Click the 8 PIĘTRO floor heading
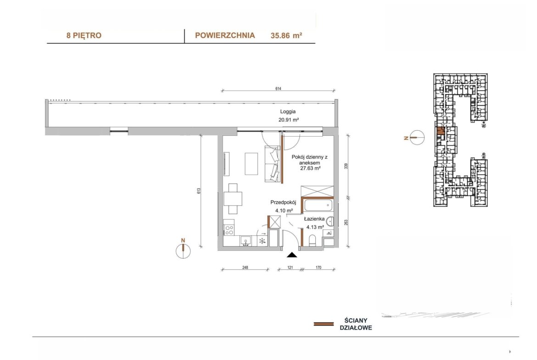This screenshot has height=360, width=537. (x=84, y=36)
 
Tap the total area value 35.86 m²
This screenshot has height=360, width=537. (x=286, y=35)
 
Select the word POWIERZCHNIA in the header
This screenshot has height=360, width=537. (x=225, y=35)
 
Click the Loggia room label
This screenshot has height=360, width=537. (x=288, y=111)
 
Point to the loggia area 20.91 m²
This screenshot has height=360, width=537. (x=289, y=120)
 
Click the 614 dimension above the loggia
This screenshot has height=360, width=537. (x=278, y=89)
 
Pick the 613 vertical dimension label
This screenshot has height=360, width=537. (x=199, y=191)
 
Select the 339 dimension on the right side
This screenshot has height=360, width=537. (x=346, y=166)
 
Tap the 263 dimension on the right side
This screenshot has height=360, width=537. (x=346, y=222)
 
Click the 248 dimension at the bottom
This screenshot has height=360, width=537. (x=245, y=268)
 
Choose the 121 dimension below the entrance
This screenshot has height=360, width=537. (x=290, y=268)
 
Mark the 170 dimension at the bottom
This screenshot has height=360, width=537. (x=319, y=268)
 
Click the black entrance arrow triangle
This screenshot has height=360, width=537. (x=292, y=255)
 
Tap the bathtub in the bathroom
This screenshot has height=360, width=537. (x=318, y=205)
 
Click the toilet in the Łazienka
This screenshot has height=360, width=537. (x=313, y=241)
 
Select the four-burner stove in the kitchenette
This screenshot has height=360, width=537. (x=229, y=230)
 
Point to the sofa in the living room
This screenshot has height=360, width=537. (x=273, y=164)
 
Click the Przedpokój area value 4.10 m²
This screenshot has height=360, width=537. (x=284, y=211)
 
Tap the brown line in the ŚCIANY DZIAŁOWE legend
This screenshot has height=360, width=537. (x=324, y=324)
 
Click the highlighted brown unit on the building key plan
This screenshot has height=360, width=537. (x=441, y=130)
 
